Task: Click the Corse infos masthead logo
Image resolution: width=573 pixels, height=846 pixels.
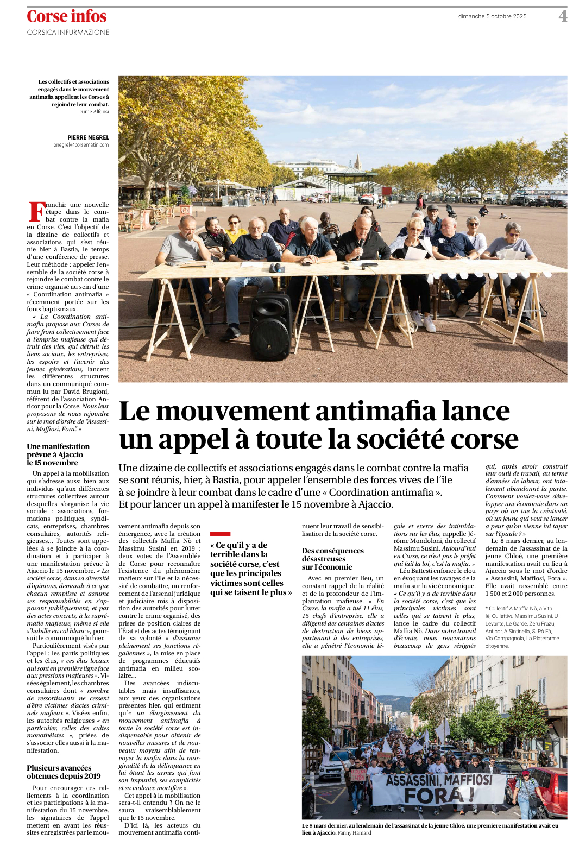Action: (x=67, y=17)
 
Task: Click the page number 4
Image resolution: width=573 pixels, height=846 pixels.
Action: (x=563, y=16)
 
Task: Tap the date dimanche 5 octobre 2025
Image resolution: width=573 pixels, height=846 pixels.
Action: (x=492, y=16)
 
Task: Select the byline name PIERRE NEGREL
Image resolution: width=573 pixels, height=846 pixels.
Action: (x=88, y=138)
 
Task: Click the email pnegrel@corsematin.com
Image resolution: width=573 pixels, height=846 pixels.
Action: (x=81, y=145)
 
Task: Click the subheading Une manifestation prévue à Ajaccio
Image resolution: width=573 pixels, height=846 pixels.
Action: (x=58, y=454)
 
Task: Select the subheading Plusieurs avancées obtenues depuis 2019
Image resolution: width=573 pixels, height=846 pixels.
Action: (x=64, y=772)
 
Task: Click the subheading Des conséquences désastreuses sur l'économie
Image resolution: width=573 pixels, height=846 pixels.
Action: (x=333, y=559)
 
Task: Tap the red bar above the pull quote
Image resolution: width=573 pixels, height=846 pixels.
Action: (x=220, y=534)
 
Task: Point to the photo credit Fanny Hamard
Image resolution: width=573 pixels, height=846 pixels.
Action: (x=354, y=832)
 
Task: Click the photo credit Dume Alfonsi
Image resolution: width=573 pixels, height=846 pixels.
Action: (x=93, y=112)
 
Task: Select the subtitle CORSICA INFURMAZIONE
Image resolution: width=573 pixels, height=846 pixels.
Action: (x=68, y=33)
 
